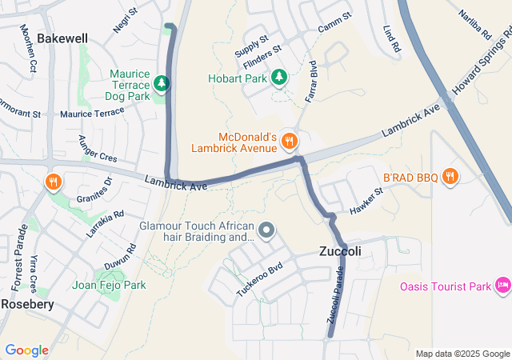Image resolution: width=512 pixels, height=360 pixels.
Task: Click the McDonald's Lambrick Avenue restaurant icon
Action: coord(289,141)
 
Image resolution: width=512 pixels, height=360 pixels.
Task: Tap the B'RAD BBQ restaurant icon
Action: coord(450,176)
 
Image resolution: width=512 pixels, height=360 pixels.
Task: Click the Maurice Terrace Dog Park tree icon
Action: coord(162,83)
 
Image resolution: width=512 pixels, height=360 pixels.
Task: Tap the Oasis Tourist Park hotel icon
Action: coord(503,286)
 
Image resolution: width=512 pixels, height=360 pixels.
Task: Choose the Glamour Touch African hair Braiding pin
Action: coord(267,231)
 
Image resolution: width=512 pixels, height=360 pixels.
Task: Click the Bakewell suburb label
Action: coord(62,38)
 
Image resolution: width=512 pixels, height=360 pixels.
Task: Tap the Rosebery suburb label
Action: coord(27,304)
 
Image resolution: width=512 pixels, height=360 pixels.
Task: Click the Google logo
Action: coord(26,350)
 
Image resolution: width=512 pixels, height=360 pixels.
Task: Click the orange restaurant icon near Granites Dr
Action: coord(54,181)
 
